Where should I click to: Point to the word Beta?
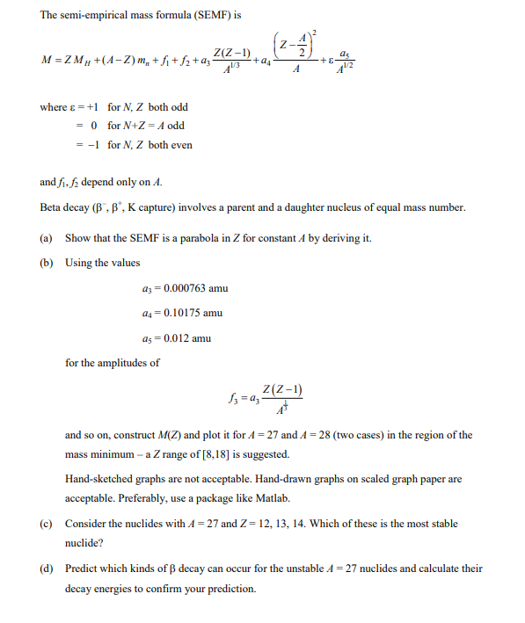[x=52, y=208]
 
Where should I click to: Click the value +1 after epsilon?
[x=89, y=107]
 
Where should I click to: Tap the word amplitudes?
[x=133, y=362]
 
